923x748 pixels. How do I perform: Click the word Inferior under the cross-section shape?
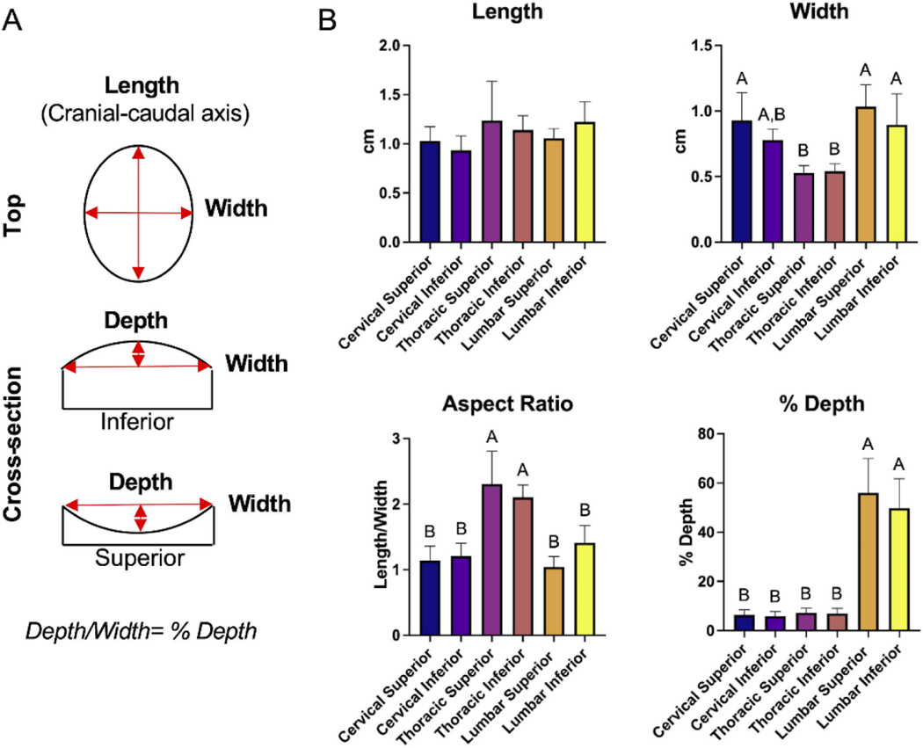point(137,422)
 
